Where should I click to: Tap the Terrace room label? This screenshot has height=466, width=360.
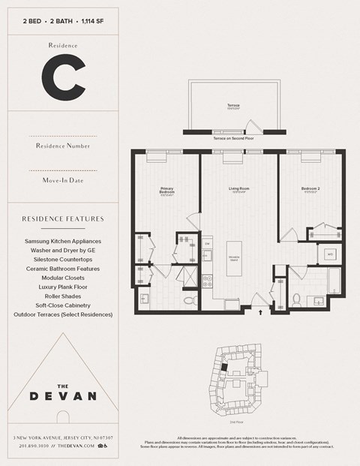pos(233,106)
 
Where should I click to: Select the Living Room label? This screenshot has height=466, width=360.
pos(239,189)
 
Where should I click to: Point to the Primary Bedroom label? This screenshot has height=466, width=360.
pos(167,191)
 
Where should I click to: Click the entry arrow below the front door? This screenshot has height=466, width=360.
pos(261,308)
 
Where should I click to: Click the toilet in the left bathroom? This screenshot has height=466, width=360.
pos(190,299)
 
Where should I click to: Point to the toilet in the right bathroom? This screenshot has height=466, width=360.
pos(297,299)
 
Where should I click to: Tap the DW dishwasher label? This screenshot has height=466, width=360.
pos(207,245)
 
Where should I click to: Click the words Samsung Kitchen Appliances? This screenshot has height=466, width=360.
pos(62,242)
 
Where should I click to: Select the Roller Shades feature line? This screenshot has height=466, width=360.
pos(62,296)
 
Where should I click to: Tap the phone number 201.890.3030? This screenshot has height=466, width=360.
pos(32,445)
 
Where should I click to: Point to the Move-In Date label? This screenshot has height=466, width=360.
pos(62,180)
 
